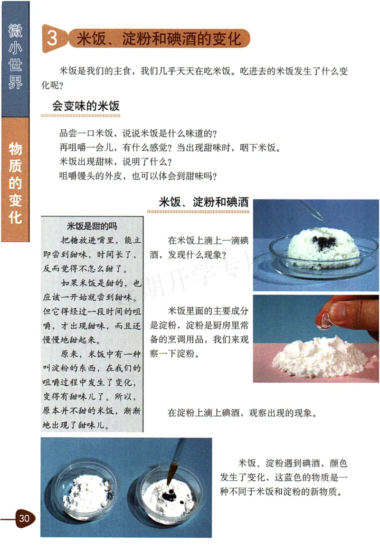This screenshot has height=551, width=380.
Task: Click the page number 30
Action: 24,518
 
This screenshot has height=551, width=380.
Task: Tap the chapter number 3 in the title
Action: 53,38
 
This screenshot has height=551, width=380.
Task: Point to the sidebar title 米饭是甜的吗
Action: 92,226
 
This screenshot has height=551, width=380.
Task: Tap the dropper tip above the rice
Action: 322,218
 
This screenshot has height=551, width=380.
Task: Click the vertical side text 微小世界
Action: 15,57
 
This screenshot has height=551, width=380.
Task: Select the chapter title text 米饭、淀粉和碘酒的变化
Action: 159,38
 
